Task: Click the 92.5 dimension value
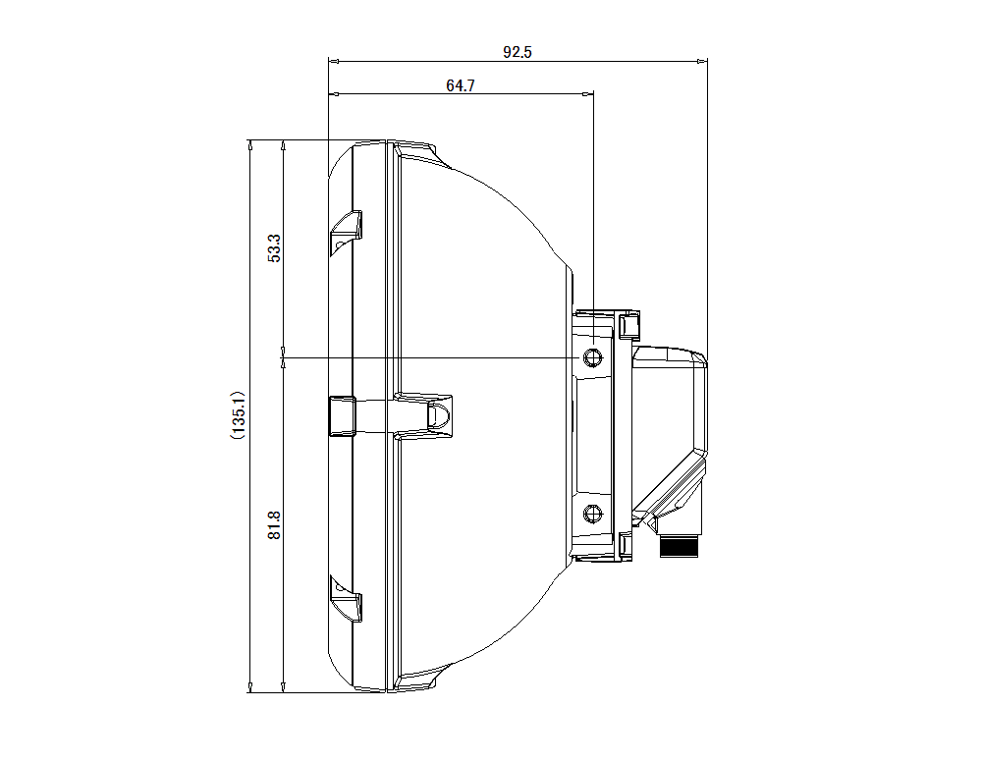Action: [x=518, y=53]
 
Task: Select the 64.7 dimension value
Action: [x=460, y=86]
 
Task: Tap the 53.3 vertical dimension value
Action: [x=275, y=247]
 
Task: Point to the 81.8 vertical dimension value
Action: [x=275, y=525]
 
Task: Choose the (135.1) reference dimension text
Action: [x=238, y=415]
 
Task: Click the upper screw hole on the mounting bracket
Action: [x=591, y=357]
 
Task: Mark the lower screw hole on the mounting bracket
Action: [x=591, y=513]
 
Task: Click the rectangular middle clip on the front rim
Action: [x=341, y=414]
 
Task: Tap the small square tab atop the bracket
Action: [x=629, y=323]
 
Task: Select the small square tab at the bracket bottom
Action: [x=627, y=545]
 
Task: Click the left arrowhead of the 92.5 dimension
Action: [x=333, y=62]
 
